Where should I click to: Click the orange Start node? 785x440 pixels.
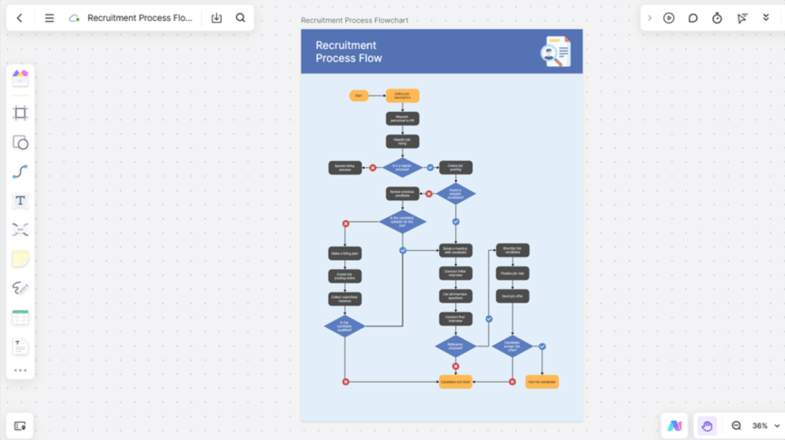coord(359,95)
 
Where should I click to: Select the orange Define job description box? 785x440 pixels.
coord(402,95)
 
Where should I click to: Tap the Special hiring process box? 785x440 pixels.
coord(344,167)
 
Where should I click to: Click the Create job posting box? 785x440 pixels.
coord(455,167)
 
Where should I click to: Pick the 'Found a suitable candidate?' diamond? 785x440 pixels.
coord(455,193)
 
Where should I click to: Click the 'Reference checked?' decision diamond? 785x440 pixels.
coord(455,345)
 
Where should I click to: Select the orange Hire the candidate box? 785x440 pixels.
coord(542,382)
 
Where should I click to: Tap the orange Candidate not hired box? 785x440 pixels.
coord(455,382)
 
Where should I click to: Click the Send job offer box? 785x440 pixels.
coord(512,296)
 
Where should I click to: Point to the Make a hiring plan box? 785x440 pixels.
coord(344,254)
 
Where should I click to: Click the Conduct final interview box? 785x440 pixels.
coord(455,319)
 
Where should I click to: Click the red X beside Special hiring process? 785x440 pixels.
coord(373,167)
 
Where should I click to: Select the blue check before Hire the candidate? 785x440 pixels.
coord(542,346)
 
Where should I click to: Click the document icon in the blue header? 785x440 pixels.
coord(555,52)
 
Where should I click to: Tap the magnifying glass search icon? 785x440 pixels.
coord(241,18)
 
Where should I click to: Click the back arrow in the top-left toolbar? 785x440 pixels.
coord(20,18)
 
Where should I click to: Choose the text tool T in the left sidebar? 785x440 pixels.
coord(20,201)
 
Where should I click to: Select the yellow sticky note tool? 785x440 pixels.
coord(20,259)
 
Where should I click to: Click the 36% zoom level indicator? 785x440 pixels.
coord(760,425)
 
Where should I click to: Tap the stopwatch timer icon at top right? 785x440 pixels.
coord(717,18)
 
